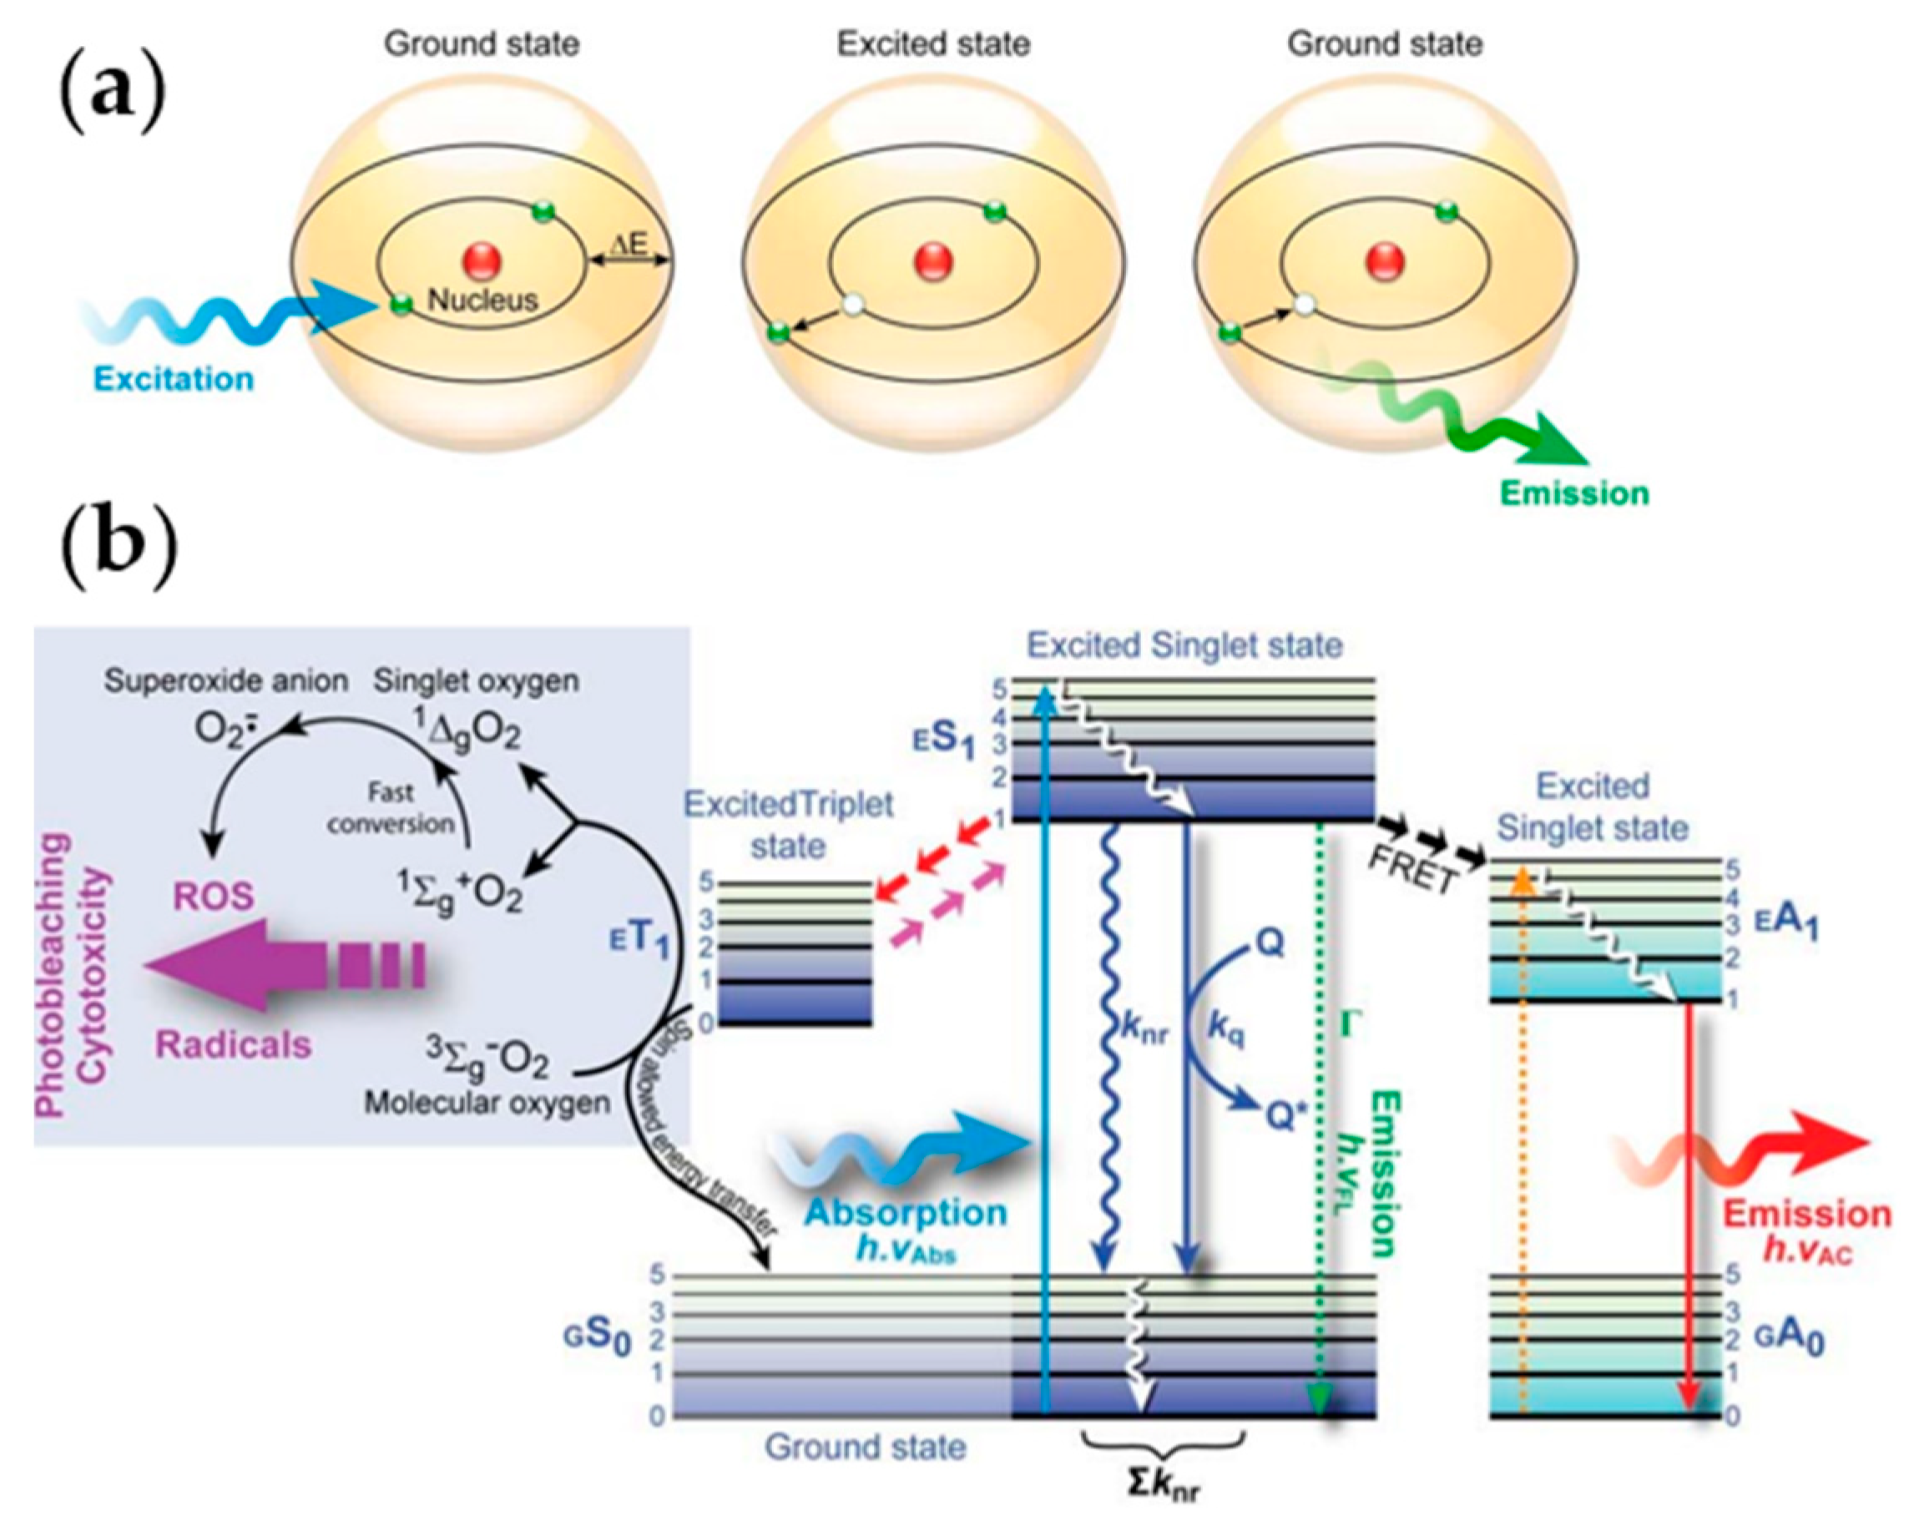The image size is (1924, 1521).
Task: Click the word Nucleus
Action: click(482, 300)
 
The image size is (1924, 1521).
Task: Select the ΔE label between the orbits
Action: click(629, 244)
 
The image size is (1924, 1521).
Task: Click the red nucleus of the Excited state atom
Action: click(934, 262)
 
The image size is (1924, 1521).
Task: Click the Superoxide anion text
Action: click(226, 681)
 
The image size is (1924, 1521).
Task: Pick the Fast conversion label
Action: click(390, 808)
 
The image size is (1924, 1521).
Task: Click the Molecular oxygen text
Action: click(487, 1104)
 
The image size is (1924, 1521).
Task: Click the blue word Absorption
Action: click(906, 1213)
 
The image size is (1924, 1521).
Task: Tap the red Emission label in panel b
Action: click(1807, 1214)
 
